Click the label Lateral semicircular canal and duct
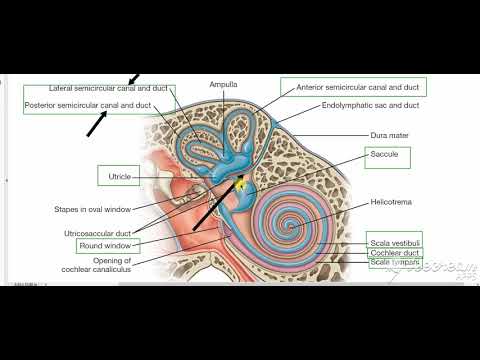click(x=98, y=89)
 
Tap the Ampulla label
click(x=223, y=85)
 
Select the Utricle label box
click(x=119, y=177)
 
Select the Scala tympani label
click(x=393, y=263)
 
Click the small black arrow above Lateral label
click(x=134, y=78)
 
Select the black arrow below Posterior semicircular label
click(x=97, y=123)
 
